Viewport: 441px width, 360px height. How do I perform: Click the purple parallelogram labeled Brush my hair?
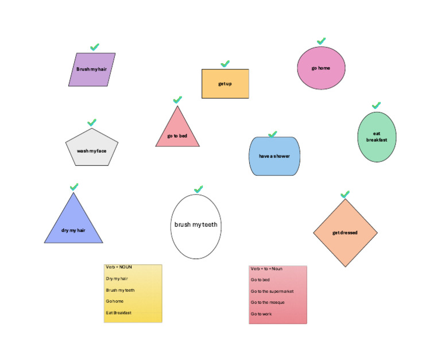(92, 69)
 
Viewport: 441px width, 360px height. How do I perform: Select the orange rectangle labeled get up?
(225, 84)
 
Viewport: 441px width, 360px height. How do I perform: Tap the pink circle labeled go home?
(321, 68)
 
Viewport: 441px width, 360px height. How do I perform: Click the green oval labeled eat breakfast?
(377, 137)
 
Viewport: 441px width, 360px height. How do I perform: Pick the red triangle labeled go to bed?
(177, 133)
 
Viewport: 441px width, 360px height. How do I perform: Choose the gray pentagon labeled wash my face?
(92, 149)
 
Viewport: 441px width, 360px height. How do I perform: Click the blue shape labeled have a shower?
(274, 156)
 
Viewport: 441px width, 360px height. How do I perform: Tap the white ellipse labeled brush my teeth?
(196, 226)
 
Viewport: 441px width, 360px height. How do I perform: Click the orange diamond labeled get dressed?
(345, 233)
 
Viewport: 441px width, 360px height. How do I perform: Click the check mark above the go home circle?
(322, 41)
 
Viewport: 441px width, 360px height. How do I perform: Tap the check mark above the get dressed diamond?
(345, 195)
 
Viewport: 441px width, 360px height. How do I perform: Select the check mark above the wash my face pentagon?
(92, 123)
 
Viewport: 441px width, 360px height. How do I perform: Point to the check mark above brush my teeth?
(199, 189)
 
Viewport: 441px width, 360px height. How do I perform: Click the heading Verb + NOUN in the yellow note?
(119, 267)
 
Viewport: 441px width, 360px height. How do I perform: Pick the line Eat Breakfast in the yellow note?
(119, 313)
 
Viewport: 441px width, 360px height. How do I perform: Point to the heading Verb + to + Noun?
(266, 269)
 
